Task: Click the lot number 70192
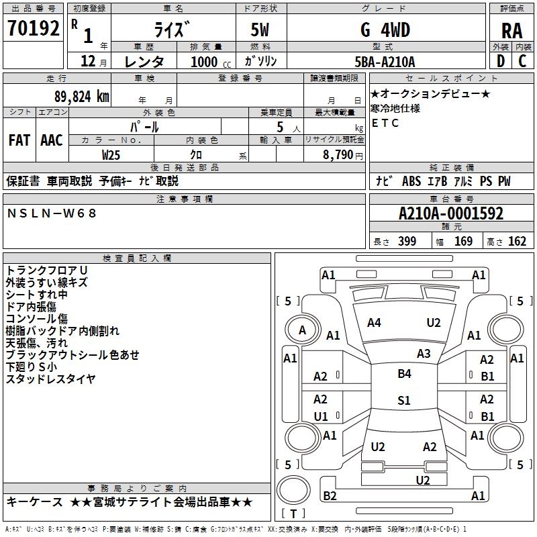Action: pos(34,28)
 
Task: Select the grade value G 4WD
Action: pos(385,30)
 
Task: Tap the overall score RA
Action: pos(512,31)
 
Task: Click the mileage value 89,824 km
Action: pos(82,97)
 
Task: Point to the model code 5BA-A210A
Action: pos(385,62)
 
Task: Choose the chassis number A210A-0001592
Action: pos(451,213)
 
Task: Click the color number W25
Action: pos(111,155)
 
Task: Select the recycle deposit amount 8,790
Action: pos(338,155)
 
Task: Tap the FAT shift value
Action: pos(19,140)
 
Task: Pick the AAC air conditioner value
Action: pos(52,140)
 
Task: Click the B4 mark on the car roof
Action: pos(405,374)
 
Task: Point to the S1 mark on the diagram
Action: pos(404,400)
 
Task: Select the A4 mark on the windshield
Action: pos(374,323)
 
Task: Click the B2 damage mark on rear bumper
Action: pos(330,495)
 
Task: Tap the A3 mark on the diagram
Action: pos(424,354)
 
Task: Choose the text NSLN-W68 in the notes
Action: pos(52,213)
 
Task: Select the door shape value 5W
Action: pos(260,30)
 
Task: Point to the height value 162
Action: pos(517,241)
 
